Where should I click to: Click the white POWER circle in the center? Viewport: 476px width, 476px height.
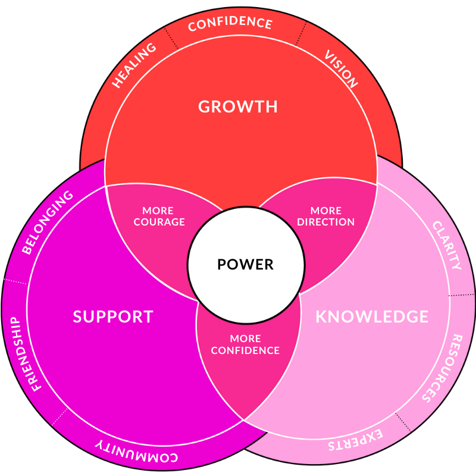245,264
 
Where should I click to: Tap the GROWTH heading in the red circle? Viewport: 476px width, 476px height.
238,107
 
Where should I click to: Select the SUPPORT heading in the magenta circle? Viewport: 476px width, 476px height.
113,317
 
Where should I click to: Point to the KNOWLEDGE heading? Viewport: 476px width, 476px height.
372,317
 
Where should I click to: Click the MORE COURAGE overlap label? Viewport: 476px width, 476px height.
159,217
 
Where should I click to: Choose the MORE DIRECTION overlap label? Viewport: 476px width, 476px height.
325,217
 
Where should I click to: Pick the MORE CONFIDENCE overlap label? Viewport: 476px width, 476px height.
245,345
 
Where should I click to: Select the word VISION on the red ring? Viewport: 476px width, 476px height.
341,69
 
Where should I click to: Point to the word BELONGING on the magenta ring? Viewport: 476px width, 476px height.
48,222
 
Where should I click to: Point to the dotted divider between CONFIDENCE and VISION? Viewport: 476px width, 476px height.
301,33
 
